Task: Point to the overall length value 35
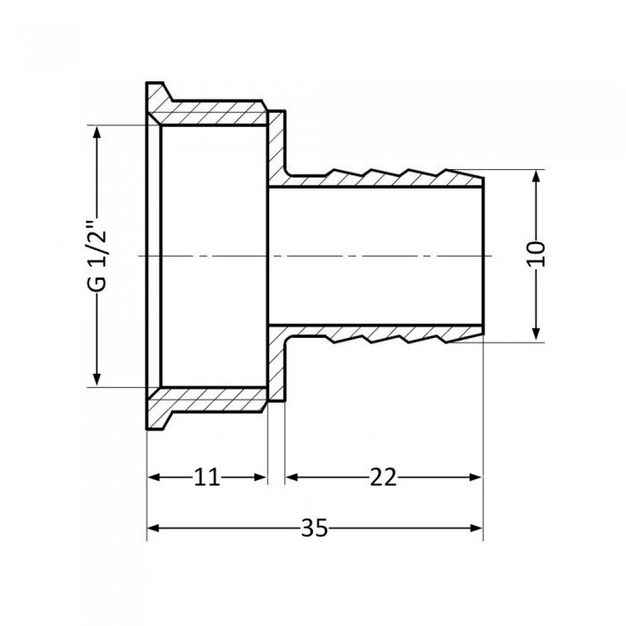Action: (314, 528)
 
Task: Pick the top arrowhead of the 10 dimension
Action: (536, 176)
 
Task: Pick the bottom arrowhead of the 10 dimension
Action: (536, 334)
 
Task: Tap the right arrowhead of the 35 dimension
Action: (477, 528)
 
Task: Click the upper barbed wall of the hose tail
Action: (385, 178)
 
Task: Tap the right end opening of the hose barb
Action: (483, 256)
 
